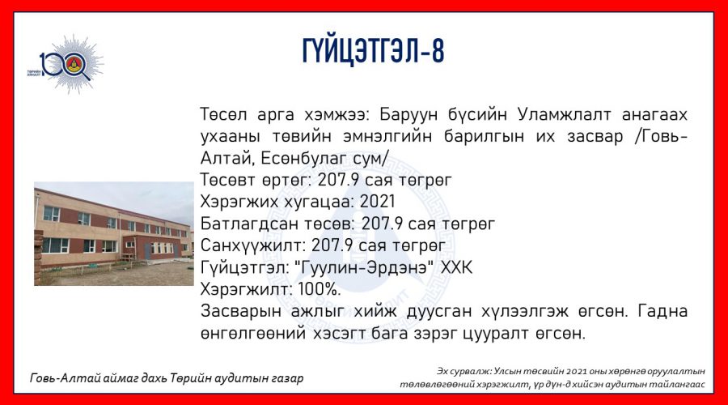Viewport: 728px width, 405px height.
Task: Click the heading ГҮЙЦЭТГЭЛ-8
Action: (x=373, y=50)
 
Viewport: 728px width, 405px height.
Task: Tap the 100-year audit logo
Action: (x=66, y=64)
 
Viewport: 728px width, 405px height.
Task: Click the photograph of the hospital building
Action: (x=114, y=233)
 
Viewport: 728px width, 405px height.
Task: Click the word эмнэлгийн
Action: (x=387, y=136)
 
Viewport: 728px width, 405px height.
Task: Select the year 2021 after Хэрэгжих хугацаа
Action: (x=377, y=202)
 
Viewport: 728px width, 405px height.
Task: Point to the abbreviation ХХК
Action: (x=456, y=267)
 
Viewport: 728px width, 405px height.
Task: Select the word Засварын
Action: (x=240, y=311)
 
